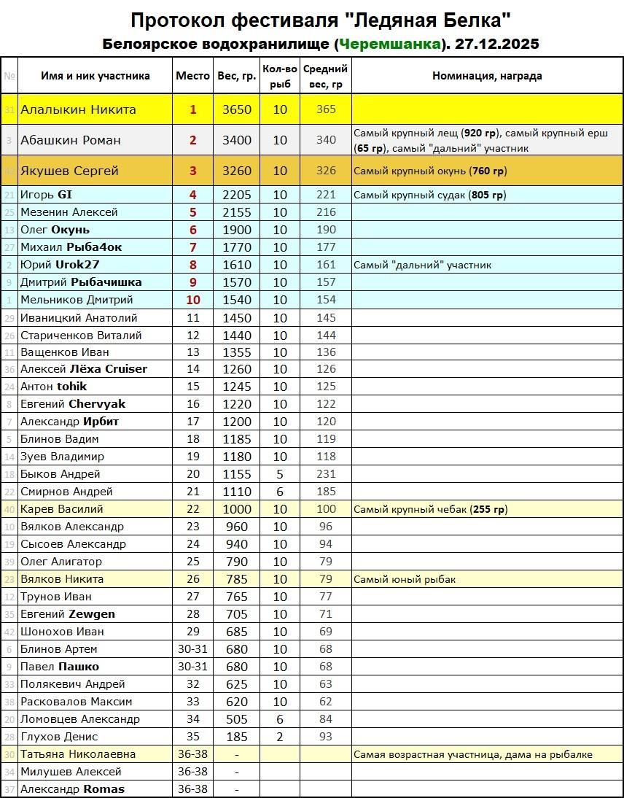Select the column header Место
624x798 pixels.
(192, 76)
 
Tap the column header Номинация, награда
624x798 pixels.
(487, 76)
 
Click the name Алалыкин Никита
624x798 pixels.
(78, 110)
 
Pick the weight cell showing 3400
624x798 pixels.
(236, 140)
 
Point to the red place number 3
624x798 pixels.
(193, 171)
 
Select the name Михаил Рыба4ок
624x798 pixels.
(71, 247)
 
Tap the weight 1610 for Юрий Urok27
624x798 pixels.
(236, 265)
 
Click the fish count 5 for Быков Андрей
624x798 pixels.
(280, 474)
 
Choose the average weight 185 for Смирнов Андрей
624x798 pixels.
(326, 492)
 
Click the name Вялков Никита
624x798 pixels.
(62, 579)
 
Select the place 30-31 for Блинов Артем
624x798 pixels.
(193, 649)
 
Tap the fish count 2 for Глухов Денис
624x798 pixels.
(280, 737)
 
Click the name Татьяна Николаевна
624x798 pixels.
(78, 754)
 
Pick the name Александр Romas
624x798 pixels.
(72, 789)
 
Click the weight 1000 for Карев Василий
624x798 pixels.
(236, 509)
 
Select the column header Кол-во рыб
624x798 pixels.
(280, 76)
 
